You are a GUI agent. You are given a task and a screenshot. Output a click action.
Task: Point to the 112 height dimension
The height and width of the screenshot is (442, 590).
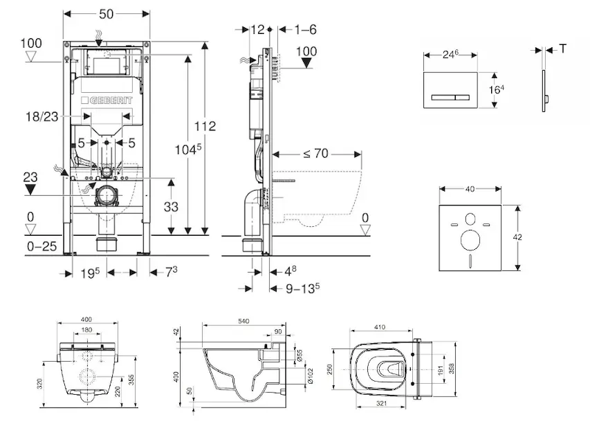coord(206,126)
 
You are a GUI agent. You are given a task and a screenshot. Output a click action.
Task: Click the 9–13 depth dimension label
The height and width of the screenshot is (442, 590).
coord(302,288)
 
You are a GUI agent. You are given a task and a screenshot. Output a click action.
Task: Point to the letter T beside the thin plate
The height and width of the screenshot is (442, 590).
coord(563,49)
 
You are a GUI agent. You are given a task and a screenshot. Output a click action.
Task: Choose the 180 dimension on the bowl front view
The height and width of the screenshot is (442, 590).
coord(87,329)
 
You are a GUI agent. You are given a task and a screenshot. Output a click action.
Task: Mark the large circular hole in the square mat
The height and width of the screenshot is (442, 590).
coord(470,239)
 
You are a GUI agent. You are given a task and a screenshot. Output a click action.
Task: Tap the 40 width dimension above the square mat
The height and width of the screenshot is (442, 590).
coord(470,189)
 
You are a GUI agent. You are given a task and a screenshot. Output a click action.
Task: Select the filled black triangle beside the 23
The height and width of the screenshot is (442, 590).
coord(30,189)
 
